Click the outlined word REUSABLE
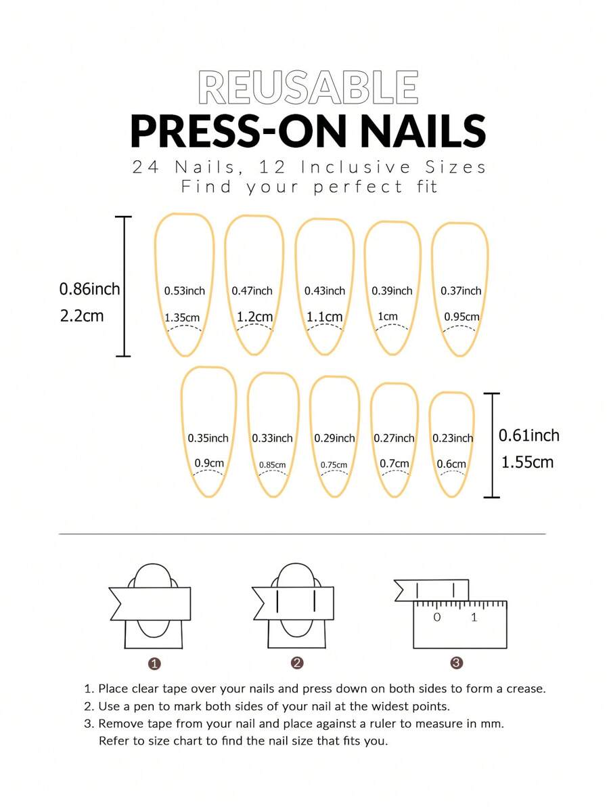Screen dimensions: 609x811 pos(308,87)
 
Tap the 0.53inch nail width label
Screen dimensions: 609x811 pos(185,291)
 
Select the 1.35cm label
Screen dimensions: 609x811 pos(182,317)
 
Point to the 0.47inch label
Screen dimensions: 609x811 pos(252,291)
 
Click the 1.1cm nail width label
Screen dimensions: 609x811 pos(325,317)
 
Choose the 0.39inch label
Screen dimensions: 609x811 pos(392,291)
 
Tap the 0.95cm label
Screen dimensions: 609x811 pos(461,317)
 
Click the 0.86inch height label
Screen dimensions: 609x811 pos(89,288)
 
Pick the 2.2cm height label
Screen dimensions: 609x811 pos(82,315)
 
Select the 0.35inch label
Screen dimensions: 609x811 pos(208,439)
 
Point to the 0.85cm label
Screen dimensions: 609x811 pos(273,465)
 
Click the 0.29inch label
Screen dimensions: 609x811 pos(334,439)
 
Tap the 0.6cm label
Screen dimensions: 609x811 pos(451,464)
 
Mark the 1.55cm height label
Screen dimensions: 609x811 pos(527,462)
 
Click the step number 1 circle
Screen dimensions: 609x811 pos(154,663)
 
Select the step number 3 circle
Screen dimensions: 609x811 pos(456,663)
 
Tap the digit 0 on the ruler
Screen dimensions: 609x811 pos(437,617)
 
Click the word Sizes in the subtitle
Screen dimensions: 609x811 pos(456,168)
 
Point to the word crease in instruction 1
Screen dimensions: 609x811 pos(526,689)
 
